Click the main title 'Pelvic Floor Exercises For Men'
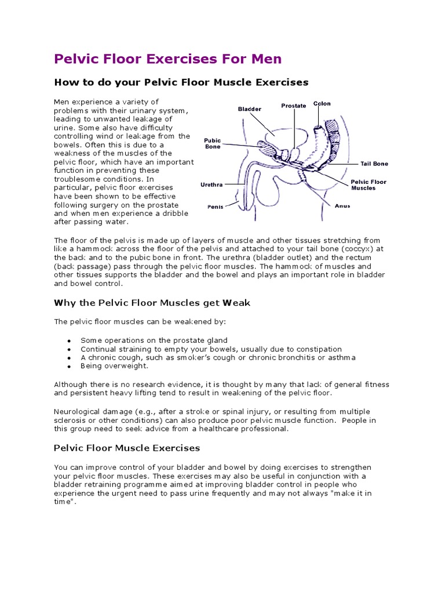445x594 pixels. [x=167, y=59]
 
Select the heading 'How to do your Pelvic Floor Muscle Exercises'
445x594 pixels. [x=181, y=82]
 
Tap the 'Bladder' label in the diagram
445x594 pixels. [x=250, y=109]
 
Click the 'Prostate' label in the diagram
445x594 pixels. [x=294, y=106]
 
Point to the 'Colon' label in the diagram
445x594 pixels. [x=322, y=104]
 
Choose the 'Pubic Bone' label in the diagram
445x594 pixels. [x=213, y=144]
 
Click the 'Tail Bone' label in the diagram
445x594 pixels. [x=374, y=164]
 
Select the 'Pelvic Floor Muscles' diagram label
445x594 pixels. [x=369, y=185]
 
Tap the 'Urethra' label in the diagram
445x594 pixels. [x=211, y=184]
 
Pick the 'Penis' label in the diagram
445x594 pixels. [x=216, y=207]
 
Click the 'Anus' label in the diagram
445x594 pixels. [x=342, y=205]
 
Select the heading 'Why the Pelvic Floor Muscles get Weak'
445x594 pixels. [x=152, y=303]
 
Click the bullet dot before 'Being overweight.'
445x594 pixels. [x=69, y=367]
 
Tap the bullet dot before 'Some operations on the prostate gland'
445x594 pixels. [x=69, y=341]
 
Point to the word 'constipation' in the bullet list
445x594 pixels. [x=319, y=349]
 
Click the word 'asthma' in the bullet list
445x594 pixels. [x=341, y=357]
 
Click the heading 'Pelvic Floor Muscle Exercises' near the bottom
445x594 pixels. [x=127, y=448]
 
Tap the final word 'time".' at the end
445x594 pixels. [x=65, y=501]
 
